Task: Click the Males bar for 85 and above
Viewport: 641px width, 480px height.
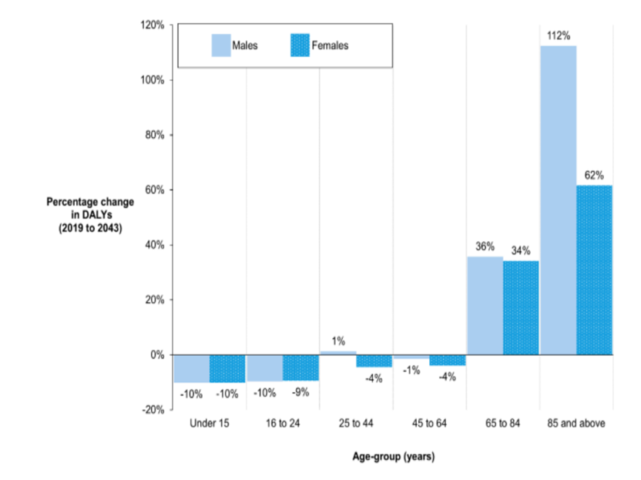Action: coord(558,200)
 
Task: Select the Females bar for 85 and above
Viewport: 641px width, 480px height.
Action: coord(594,270)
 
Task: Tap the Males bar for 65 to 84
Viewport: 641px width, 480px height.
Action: coord(485,305)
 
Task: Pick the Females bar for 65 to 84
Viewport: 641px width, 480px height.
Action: coord(521,307)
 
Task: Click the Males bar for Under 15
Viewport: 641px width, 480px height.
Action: coord(191,368)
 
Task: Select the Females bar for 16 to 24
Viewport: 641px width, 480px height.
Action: coord(300,368)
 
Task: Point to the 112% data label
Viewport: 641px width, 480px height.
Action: coord(558,35)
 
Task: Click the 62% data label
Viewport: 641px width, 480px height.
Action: coord(594,175)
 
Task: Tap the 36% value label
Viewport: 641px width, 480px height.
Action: coord(485,247)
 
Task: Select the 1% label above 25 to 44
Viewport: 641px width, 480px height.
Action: coord(338,341)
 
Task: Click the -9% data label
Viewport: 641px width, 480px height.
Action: coord(300,393)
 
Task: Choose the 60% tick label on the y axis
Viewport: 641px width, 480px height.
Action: coord(152,190)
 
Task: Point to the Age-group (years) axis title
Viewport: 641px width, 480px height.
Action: coord(393,458)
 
